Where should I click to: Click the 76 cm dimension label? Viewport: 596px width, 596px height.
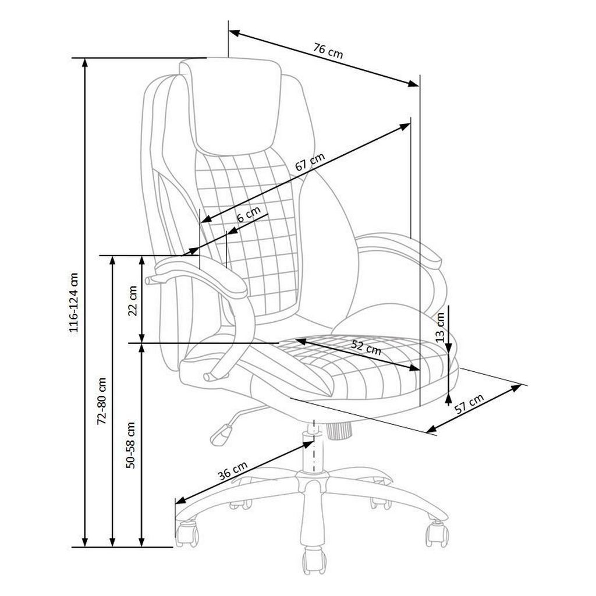click(x=328, y=51)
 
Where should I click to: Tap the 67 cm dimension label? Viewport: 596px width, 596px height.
click(x=310, y=162)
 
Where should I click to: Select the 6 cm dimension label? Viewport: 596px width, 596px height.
click(x=249, y=215)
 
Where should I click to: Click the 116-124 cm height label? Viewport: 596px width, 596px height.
click(x=74, y=302)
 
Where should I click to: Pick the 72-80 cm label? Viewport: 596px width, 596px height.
click(x=101, y=401)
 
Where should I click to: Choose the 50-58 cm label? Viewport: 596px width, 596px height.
click(x=131, y=444)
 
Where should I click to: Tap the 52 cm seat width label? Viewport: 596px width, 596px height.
click(x=366, y=347)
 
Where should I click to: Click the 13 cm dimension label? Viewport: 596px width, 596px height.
click(x=440, y=327)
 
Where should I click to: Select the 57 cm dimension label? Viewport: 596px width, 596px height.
click(x=470, y=404)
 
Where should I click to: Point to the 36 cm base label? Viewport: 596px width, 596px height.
click(x=233, y=470)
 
